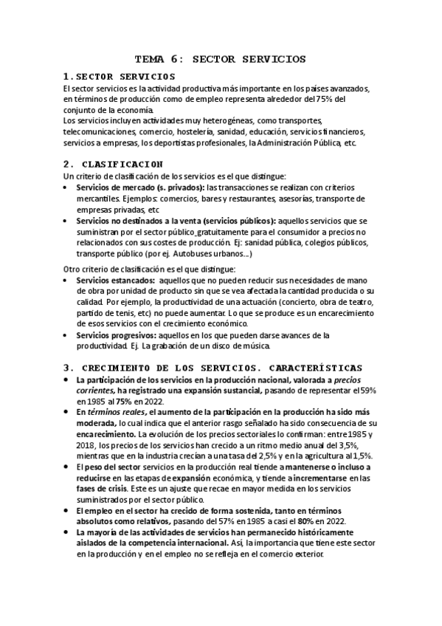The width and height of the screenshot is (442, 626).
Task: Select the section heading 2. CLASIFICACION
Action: tap(114, 163)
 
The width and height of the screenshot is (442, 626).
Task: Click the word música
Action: tap(256, 345)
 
